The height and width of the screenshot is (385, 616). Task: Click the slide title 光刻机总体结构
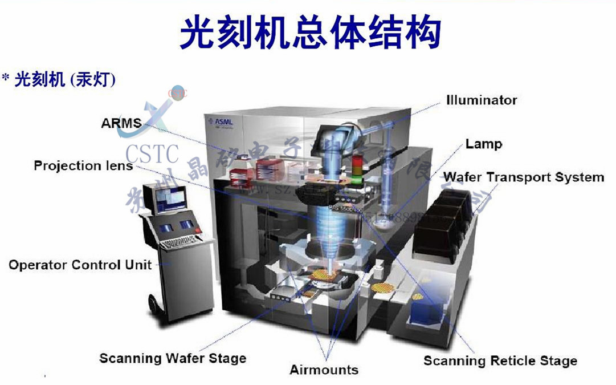311,32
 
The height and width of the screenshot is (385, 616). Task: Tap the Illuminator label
482,100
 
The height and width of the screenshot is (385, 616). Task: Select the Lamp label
484,143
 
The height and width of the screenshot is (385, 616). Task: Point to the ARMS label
121,123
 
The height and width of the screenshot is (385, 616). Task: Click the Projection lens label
83,166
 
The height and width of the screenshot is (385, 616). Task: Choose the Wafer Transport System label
524,177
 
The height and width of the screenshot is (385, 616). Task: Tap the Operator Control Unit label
80,265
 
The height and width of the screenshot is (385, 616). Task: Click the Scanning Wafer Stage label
173,358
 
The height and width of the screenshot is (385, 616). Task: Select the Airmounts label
324,370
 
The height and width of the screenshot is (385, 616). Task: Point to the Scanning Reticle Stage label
500,360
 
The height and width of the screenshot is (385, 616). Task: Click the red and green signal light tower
357,162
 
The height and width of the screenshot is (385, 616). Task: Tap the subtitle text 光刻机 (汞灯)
65,79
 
